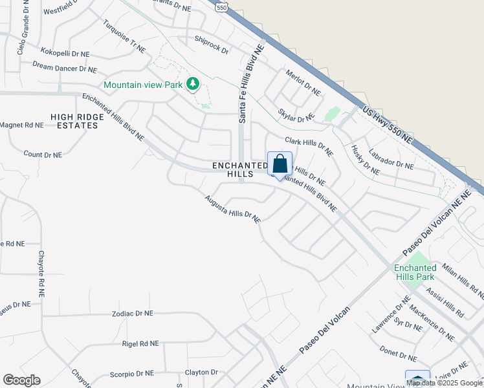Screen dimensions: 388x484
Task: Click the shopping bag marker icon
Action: [280, 164]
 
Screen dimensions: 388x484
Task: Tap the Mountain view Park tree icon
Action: [192, 84]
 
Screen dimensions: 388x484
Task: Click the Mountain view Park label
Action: [143, 85]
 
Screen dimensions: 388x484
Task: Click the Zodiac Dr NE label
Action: [132, 313]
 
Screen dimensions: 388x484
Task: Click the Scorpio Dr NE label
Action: [131, 373]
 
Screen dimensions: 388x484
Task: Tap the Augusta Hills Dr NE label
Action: [232, 210]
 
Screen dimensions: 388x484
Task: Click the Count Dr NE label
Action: [43, 155]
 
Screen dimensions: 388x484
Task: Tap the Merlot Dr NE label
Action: [303, 83]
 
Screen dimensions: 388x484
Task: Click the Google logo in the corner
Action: [21, 380]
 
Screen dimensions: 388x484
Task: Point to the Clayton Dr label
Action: [201, 372]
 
